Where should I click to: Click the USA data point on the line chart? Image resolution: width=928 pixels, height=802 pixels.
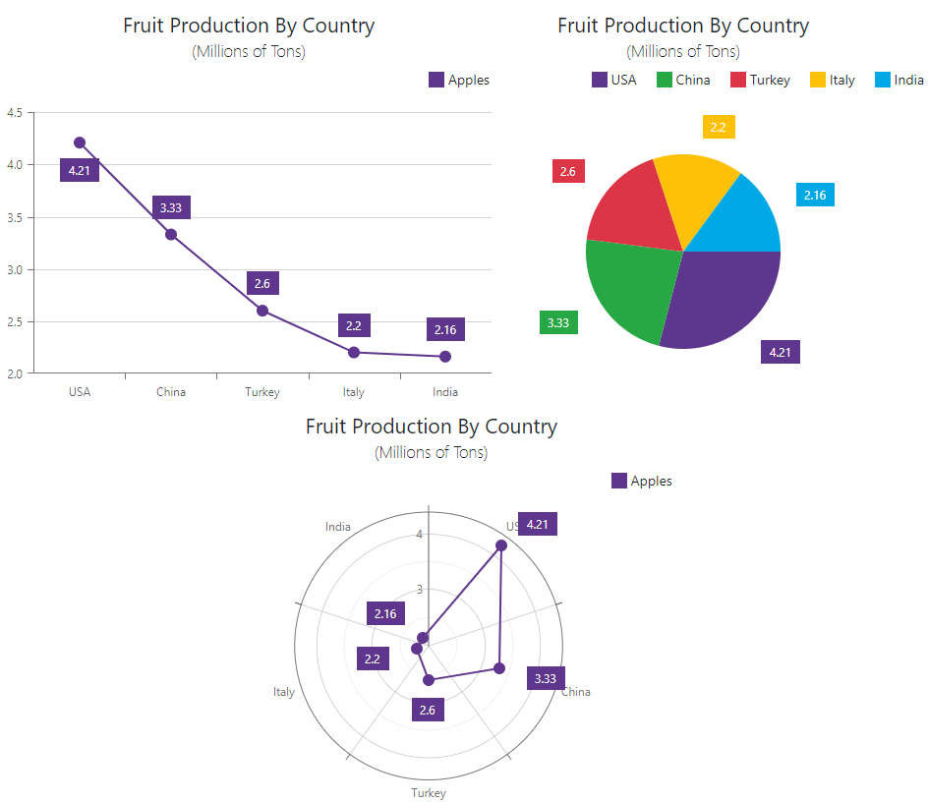(x=80, y=143)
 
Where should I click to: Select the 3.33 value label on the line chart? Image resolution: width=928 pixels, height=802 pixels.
(x=171, y=207)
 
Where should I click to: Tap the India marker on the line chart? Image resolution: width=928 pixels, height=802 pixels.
(x=445, y=356)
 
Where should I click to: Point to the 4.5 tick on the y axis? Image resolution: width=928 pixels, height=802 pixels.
(x=15, y=113)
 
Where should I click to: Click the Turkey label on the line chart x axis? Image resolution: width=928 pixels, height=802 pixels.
(x=262, y=392)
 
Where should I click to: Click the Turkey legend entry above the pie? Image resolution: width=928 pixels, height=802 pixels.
(x=760, y=80)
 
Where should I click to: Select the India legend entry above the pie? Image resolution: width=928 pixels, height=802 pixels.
(x=899, y=80)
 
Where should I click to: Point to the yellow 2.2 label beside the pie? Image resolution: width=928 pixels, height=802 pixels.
(x=719, y=127)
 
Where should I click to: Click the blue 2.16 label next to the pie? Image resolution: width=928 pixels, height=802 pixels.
(x=815, y=196)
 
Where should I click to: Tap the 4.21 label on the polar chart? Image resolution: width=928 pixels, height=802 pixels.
(x=538, y=524)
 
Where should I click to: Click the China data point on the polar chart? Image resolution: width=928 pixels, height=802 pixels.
(x=499, y=668)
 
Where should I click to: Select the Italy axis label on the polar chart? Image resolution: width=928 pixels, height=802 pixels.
(x=284, y=692)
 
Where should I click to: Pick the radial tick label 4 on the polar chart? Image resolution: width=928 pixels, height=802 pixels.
(x=420, y=535)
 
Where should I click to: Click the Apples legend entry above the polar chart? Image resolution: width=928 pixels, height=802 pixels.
(x=642, y=481)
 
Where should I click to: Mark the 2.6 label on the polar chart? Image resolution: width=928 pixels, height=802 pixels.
(x=428, y=710)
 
